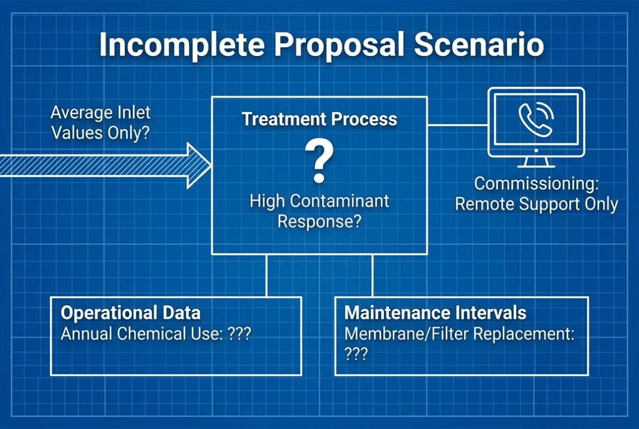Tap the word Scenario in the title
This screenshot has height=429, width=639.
[478, 45]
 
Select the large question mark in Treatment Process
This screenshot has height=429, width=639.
[319, 161]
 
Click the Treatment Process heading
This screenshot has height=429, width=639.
[319, 119]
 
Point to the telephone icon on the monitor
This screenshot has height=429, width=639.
[536, 119]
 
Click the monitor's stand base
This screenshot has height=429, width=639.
[536, 166]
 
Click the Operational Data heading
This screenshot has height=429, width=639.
[130, 313]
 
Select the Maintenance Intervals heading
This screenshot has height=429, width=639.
[435, 313]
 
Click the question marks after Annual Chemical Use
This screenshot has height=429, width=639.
[239, 333]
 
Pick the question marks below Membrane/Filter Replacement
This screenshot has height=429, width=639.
[356, 354]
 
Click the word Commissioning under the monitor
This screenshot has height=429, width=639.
[536, 184]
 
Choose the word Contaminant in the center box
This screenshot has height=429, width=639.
[339, 201]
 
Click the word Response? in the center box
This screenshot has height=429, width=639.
[320, 221]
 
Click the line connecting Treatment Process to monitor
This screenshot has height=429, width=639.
[458, 125]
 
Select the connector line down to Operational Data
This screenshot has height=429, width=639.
[267, 275]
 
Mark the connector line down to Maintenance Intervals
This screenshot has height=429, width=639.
[372, 275]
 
